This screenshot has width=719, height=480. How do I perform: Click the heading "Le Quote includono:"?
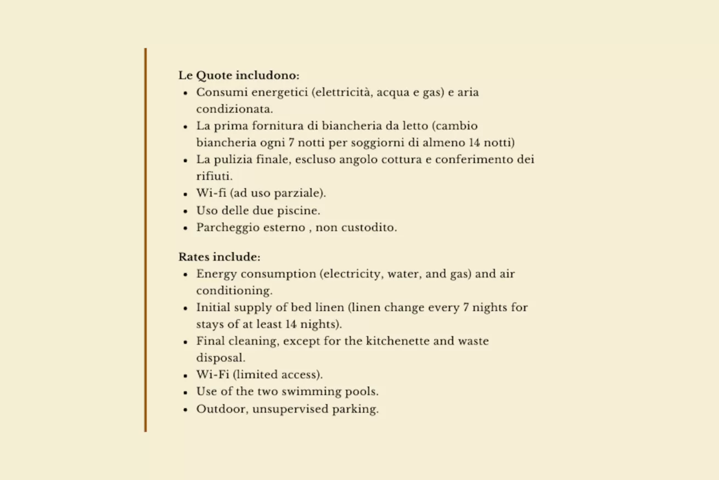click(x=239, y=75)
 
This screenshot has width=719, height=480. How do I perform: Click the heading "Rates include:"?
click(x=219, y=257)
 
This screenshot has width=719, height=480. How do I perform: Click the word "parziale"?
click(x=297, y=194)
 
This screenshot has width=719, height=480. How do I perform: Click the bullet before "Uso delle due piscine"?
click(x=186, y=211)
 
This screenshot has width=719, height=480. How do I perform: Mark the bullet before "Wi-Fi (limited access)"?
click(x=186, y=376)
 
